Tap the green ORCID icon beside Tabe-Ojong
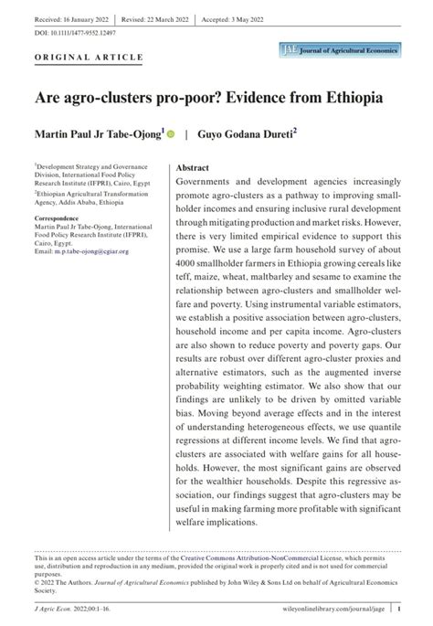tap(171, 133)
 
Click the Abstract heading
tap(193, 169)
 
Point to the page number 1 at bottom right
tap(400, 606)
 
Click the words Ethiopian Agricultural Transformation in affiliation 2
tap(92, 195)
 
